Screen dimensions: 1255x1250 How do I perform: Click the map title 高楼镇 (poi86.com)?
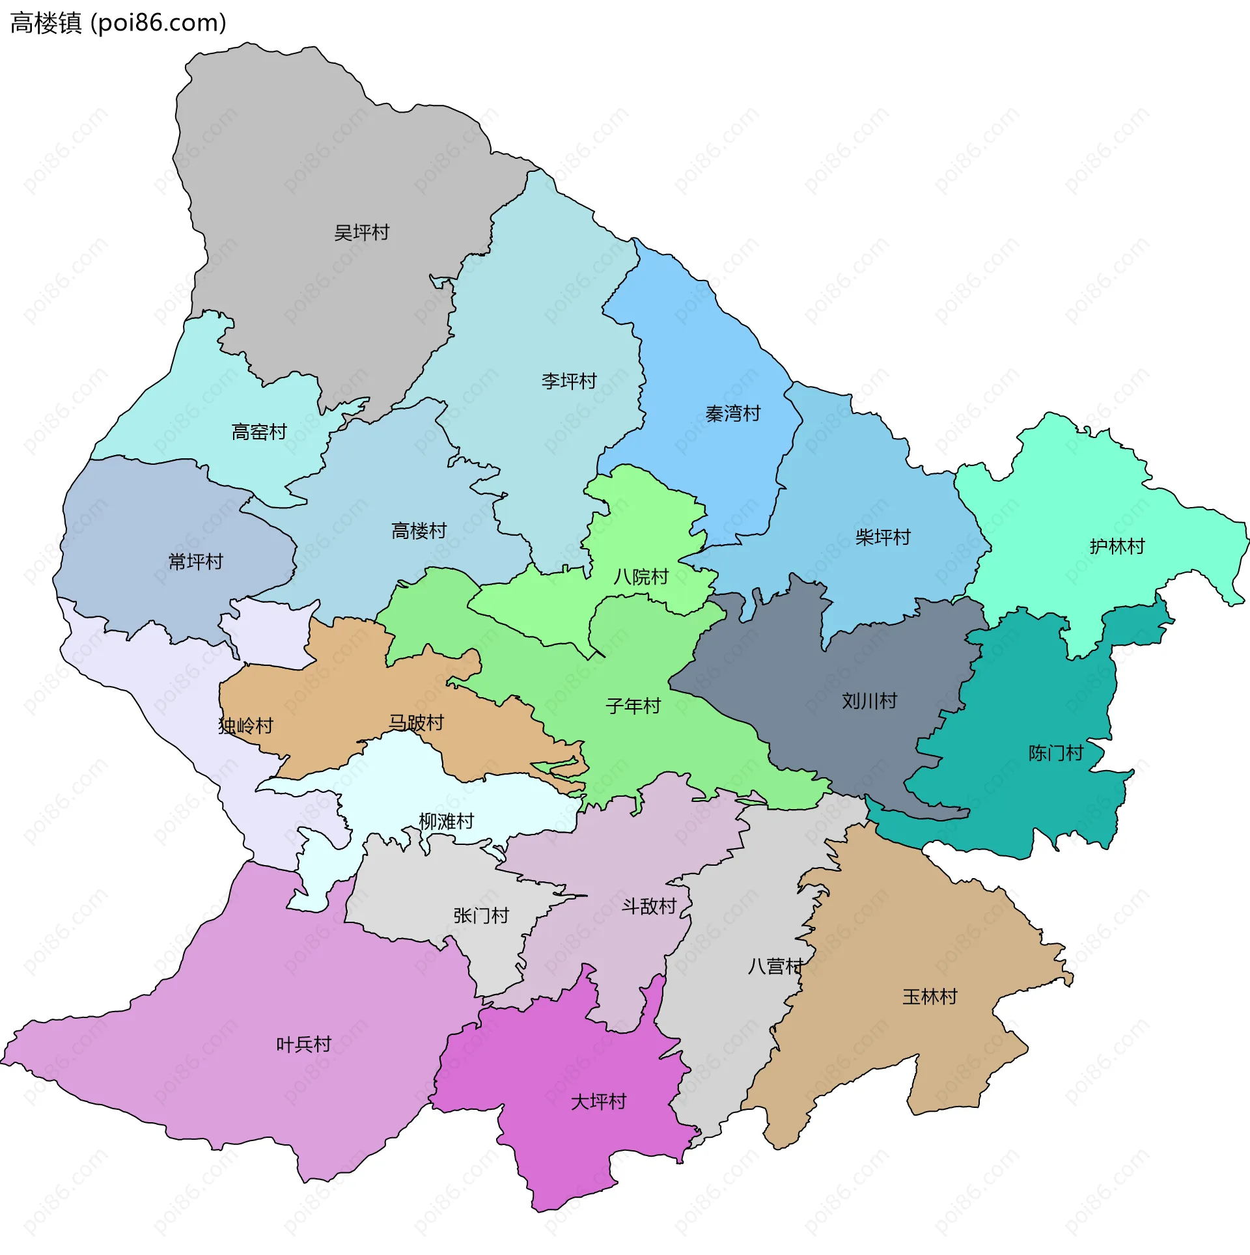pyautogui.click(x=118, y=23)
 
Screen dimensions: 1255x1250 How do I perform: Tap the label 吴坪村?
pyautogui.click(x=361, y=232)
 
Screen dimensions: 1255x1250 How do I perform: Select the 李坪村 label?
pyautogui.click(x=569, y=381)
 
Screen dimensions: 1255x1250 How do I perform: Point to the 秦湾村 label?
pyautogui.click(x=733, y=413)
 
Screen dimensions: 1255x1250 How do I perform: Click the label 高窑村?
pyautogui.click(x=259, y=432)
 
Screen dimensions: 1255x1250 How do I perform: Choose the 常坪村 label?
pyautogui.click(x=195, y=561)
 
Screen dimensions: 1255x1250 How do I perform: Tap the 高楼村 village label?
pyautogui.click(x=419, y=531)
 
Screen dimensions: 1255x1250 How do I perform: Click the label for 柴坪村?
pyautogui.click(x=883, y=537)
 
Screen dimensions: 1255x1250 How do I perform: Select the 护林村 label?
pyautogui.click(x=1117, y=546)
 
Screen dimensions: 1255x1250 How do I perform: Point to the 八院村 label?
pyautogui.click(x=641, y=577)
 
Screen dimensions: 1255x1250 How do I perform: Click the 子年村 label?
pyautogui.click(x=633, y=706)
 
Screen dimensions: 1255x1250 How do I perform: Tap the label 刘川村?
pyautogui.click(x=869, y=701)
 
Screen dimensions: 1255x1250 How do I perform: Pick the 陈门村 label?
pyautogui.click(x=1056, y=753)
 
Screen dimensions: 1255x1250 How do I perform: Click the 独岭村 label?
pyautogui.click(x=245, y=726)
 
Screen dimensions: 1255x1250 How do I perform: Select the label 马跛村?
pyautogui.click(x=416, y=723)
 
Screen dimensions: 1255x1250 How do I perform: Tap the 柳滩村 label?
pyautogui.click(x=446, y=821)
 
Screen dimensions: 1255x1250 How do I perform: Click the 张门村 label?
pyautogui.click(x=481, y=916)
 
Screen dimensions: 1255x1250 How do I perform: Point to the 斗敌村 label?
pyautogui.click(x=649, y=906)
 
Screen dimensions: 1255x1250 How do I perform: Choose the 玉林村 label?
pyautogui.click(x=930, y=997)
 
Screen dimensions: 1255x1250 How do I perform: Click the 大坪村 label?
pyautogui.click(x=598, y=1101)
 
